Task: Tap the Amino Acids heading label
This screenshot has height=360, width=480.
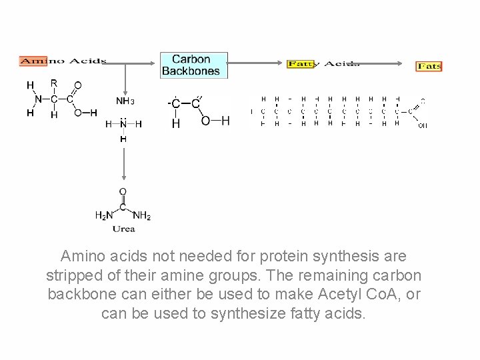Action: (x=63, y=61)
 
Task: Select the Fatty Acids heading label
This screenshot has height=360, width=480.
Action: (x=323, y=64)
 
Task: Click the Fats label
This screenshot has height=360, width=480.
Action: (x=429, y=67)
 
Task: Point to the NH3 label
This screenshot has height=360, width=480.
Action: (x=125, y=101)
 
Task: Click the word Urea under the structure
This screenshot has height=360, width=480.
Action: (x=123, y=229)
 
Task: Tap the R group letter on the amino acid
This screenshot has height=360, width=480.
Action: (x=54, y=83)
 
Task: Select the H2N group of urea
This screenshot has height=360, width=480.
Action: (x=105, y=215)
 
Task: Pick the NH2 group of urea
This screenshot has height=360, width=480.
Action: (x=142, y=215)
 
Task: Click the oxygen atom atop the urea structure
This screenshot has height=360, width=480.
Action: (x=123, y=192)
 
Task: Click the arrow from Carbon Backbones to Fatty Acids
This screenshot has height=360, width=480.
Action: (x=257, y=63)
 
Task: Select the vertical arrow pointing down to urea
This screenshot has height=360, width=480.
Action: (x=123, y=163)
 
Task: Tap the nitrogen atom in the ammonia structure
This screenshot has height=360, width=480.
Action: (x=123, y=124)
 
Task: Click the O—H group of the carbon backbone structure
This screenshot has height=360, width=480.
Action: (x=215, y=121)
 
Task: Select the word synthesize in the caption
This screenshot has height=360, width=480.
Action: (x=248, y=313)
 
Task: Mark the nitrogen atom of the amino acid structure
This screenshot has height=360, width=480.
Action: (x=38, y=99)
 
